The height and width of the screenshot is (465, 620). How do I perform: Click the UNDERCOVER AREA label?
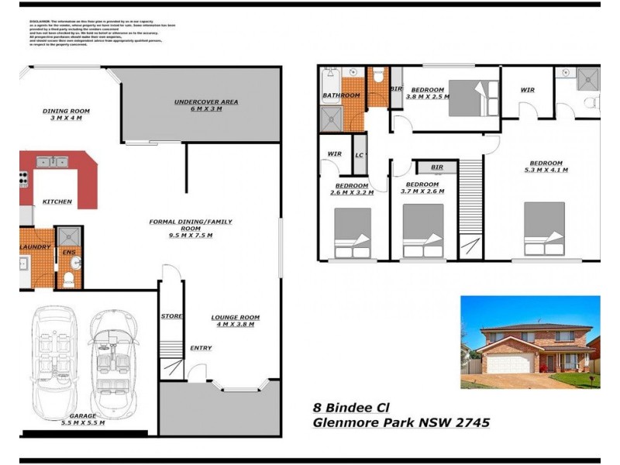(205, 102)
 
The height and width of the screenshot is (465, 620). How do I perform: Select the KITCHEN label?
(57, 201)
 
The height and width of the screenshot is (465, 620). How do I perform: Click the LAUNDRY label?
(36, 247)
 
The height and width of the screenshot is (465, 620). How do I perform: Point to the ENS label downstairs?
(68, 252)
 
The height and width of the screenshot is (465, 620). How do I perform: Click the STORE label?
(171, 316)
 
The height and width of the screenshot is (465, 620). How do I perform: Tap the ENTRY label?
(201, 348)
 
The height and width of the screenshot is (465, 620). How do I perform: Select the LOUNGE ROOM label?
(236, 317)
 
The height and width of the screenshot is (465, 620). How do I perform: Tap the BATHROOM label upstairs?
(341, 95)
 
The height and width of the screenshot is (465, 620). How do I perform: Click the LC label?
(360, 154)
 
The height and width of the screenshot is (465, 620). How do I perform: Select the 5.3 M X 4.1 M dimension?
(546, 170)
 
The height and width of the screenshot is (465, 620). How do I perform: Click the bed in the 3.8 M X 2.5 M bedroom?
(474, 98)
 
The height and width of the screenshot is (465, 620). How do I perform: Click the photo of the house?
(530, 342)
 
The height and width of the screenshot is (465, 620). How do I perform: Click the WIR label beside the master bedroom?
(527, 90)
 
